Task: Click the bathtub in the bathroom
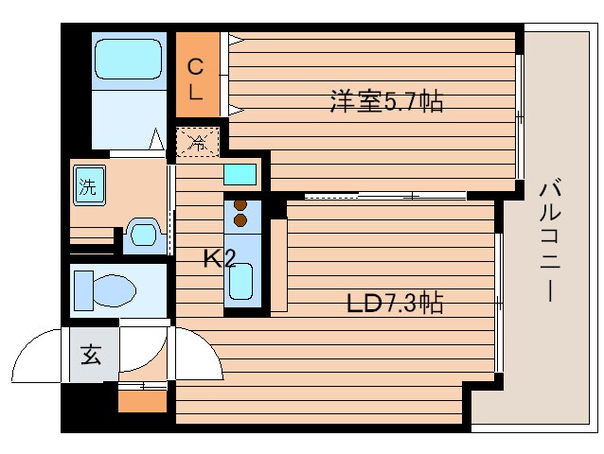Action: pos(128,59)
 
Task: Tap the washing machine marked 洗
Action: pos(89,185)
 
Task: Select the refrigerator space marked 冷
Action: pos(198,143)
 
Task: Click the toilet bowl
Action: pos(115,290)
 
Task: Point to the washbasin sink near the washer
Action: pos(144,234)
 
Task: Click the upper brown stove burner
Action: pos(240,205)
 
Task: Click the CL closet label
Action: pos(195,79)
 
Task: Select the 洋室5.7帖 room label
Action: pos(386,101)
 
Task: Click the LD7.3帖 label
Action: pos(395,303)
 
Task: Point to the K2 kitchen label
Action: pos(220,258)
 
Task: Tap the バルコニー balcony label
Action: pos(550,239)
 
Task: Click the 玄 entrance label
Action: pos(91,355)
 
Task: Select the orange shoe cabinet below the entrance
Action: pos(142,401)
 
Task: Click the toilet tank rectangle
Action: pos(83,290)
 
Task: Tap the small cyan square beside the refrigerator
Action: pos(240,174)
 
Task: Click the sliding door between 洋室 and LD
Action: pos(385,196)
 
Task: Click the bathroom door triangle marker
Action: pos(156,139)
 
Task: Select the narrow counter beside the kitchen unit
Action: pos(279,265)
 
